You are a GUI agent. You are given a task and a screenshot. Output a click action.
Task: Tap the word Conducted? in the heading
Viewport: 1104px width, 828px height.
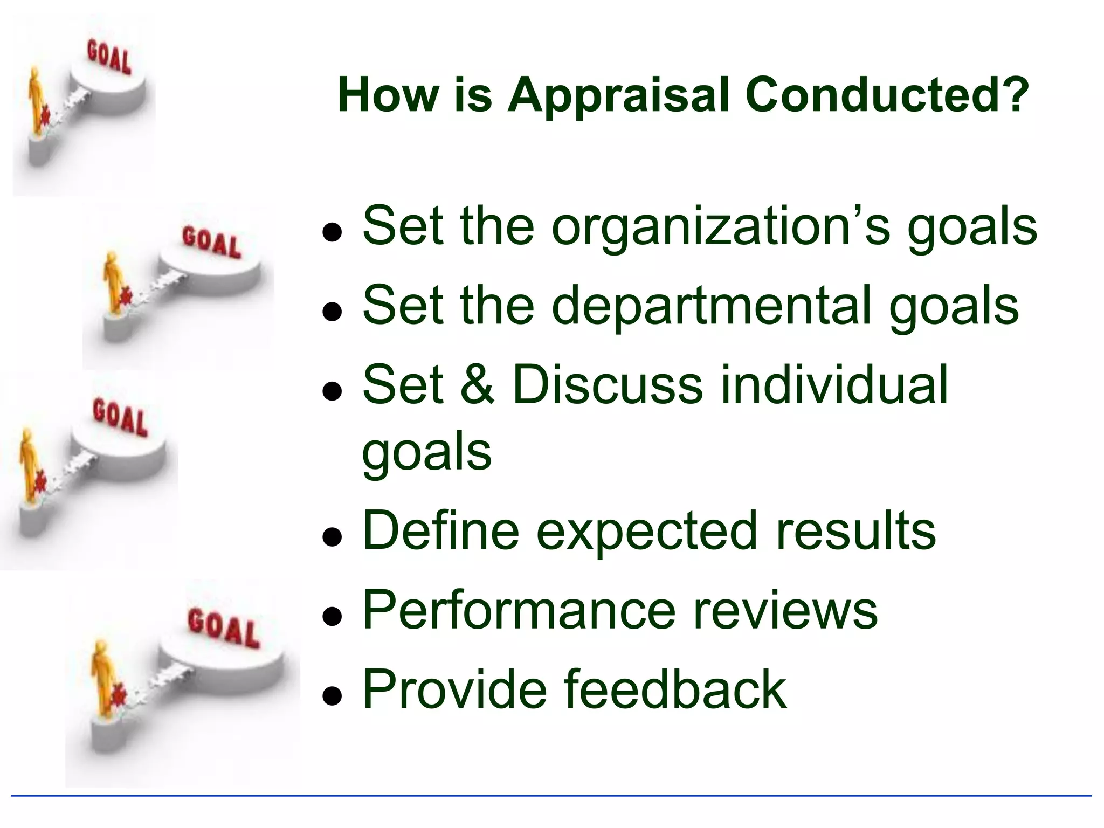pyautogui.click(x=887, y=95)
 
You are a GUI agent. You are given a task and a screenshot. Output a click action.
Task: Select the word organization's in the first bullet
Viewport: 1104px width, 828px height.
pyautogui.click(x=722, y=226)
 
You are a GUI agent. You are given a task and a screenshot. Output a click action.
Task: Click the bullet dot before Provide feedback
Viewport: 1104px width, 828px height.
pyautogui.click(x=332, y=696)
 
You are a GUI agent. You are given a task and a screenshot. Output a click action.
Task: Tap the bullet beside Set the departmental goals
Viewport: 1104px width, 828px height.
pyautogui.click(x=332, y=312)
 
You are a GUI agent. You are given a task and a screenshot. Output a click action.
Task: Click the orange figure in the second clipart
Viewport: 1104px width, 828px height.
pyautogui.click(x=113, y=280)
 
